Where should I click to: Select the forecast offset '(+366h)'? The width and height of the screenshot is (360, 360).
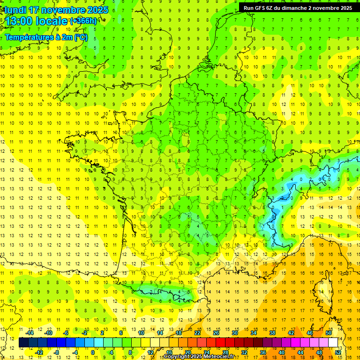[x=83, y=21]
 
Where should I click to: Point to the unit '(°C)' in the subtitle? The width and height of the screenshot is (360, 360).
[x=80, y=37]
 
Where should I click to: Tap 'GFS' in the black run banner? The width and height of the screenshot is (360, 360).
[x=262, y=8]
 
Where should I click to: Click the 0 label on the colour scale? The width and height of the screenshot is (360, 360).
[x=93, y=352]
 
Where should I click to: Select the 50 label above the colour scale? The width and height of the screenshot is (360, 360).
[x=329, y=333]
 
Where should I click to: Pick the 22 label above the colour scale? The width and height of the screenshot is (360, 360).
[x=197, y=333]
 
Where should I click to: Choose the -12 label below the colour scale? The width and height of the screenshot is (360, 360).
[x=39, y=352]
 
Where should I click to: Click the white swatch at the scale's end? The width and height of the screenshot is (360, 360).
[x=333, y=343]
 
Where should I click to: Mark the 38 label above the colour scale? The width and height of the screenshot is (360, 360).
[x=272, y=333]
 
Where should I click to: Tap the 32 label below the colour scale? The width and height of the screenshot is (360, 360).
[x=244, y=352]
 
